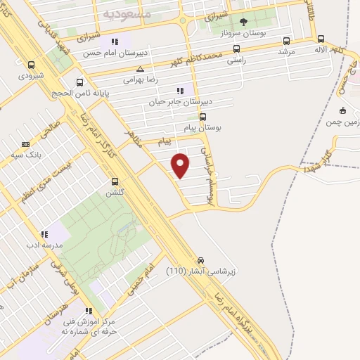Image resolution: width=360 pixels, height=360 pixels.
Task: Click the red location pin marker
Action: [181, 165]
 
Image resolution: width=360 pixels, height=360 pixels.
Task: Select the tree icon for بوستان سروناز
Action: [244, 22]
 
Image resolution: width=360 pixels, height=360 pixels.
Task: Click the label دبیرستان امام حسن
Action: [109, 53]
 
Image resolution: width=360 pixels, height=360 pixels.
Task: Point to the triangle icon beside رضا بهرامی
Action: [141, 69]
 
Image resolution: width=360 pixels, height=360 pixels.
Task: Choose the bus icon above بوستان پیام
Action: [203, 117]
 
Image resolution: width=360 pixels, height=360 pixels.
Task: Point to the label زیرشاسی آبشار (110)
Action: [195, 270]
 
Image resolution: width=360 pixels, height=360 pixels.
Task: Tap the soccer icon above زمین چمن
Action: [342, 110]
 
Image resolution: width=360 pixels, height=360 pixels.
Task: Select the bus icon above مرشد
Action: [285, 41]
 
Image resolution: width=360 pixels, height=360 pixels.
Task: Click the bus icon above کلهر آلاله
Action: [321, 39]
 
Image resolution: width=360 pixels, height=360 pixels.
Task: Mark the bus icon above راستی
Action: [236, 49]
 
